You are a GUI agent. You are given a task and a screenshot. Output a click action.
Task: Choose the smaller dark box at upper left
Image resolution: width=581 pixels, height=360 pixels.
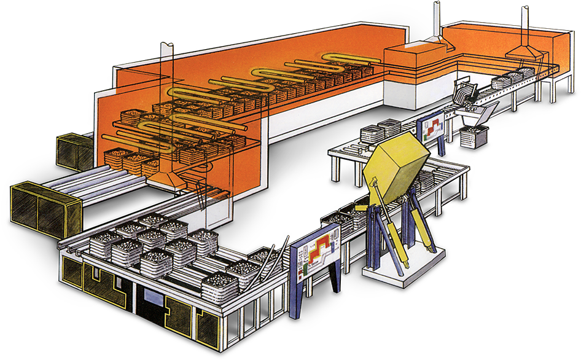point(75,151)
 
